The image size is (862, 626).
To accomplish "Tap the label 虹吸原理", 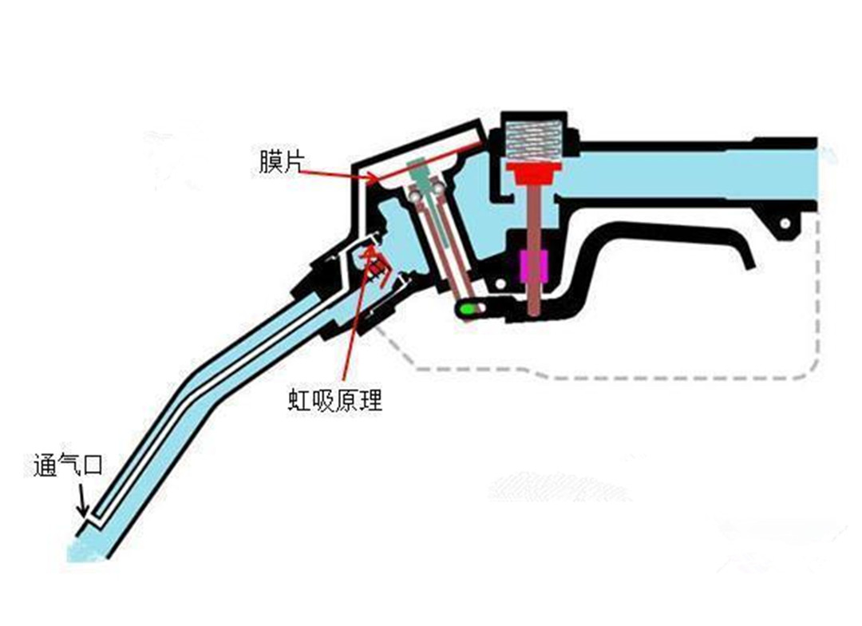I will click(335, 400).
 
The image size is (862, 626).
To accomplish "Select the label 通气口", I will click(68, 465).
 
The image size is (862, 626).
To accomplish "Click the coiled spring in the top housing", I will click(532, 141).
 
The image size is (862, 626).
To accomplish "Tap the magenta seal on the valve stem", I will click(532, 265).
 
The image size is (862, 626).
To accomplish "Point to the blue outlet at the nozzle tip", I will click(84, 548).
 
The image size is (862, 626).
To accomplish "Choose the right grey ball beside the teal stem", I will click(437, 189).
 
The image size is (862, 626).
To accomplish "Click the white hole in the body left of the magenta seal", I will click(498, 284).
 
